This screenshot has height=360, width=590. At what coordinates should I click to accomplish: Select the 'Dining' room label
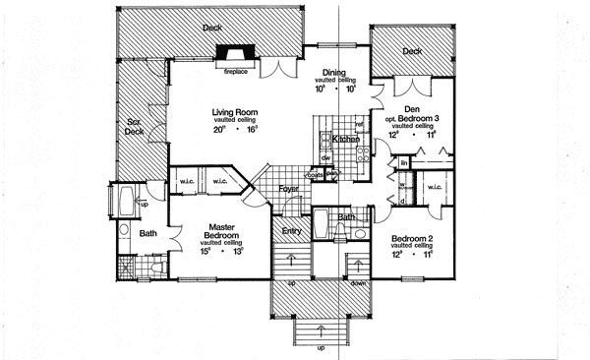[x=334, y=73]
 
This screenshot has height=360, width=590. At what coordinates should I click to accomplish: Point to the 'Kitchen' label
[x=346, y=141]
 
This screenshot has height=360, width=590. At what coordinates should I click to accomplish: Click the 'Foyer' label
[x=288, y=187]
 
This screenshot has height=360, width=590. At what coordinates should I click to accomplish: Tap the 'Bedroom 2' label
[x=413, y=239]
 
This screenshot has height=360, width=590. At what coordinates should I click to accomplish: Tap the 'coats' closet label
[x=314, y=176]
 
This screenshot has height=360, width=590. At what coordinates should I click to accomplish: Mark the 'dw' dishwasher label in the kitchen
[x=324, y=157]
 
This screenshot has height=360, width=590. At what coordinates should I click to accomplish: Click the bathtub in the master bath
[x=122, y=204]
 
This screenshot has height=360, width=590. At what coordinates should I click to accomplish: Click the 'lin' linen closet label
[x=403, y=161]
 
